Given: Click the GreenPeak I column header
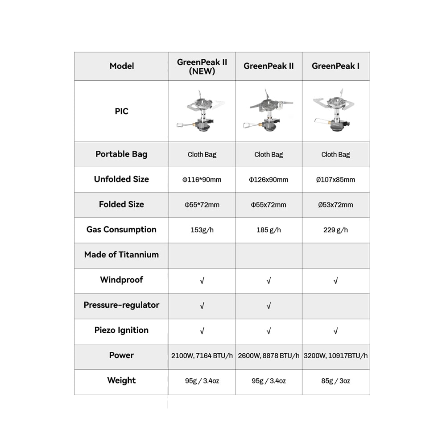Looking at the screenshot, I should [x=335, y=66].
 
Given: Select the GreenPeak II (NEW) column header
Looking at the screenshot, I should [x=202, y=66].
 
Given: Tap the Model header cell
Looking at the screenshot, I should [x=121, y=66].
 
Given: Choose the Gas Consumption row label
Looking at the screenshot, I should [x=121, y=230].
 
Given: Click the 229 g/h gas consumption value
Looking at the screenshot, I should [x=335, y=230].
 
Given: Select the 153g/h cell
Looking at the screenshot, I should [x=202, y=230].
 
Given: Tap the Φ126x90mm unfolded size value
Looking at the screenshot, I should [x=268, y=180].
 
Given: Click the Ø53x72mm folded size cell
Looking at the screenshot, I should [x=335, y=205].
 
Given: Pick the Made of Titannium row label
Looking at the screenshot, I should [x=121, y=255].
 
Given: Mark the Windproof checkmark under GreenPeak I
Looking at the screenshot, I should [x=335, y=281].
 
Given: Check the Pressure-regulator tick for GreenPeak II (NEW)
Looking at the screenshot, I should [x=202, y=306].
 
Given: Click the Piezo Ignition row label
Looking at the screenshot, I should [x=121, y=330].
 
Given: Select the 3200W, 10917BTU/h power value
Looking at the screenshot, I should [x=335, y=356].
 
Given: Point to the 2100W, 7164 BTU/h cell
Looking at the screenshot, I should [x=202, y=356].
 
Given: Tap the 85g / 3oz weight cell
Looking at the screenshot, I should [x=335, y=381].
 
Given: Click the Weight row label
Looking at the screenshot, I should [x=121, y=381].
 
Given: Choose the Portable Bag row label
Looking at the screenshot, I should [x=121, y=154].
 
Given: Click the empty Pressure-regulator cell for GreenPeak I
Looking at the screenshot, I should [x=335, y=306].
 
